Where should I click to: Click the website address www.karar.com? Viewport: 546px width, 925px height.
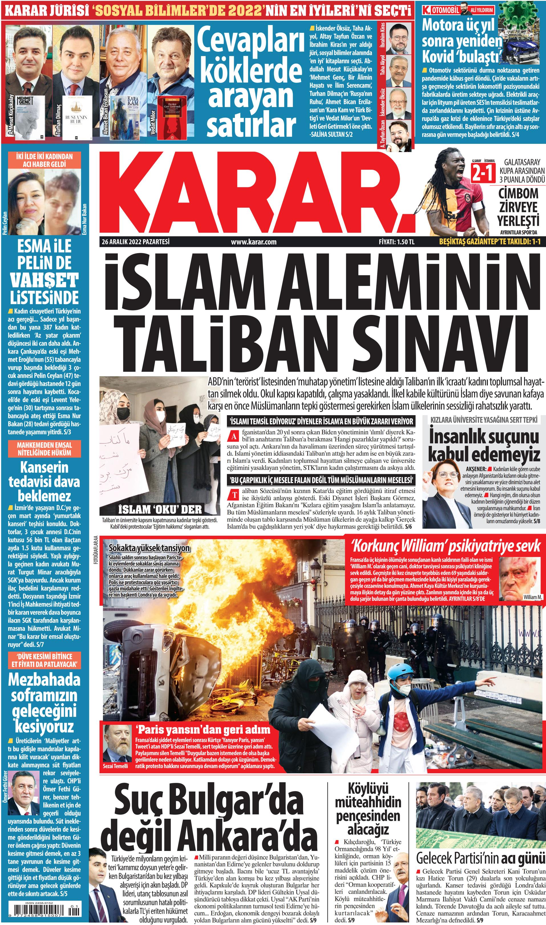tap(253, 242)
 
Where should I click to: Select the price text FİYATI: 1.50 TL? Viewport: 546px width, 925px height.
tap(396, 242)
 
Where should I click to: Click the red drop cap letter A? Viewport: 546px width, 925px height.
tap(233, 436)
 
